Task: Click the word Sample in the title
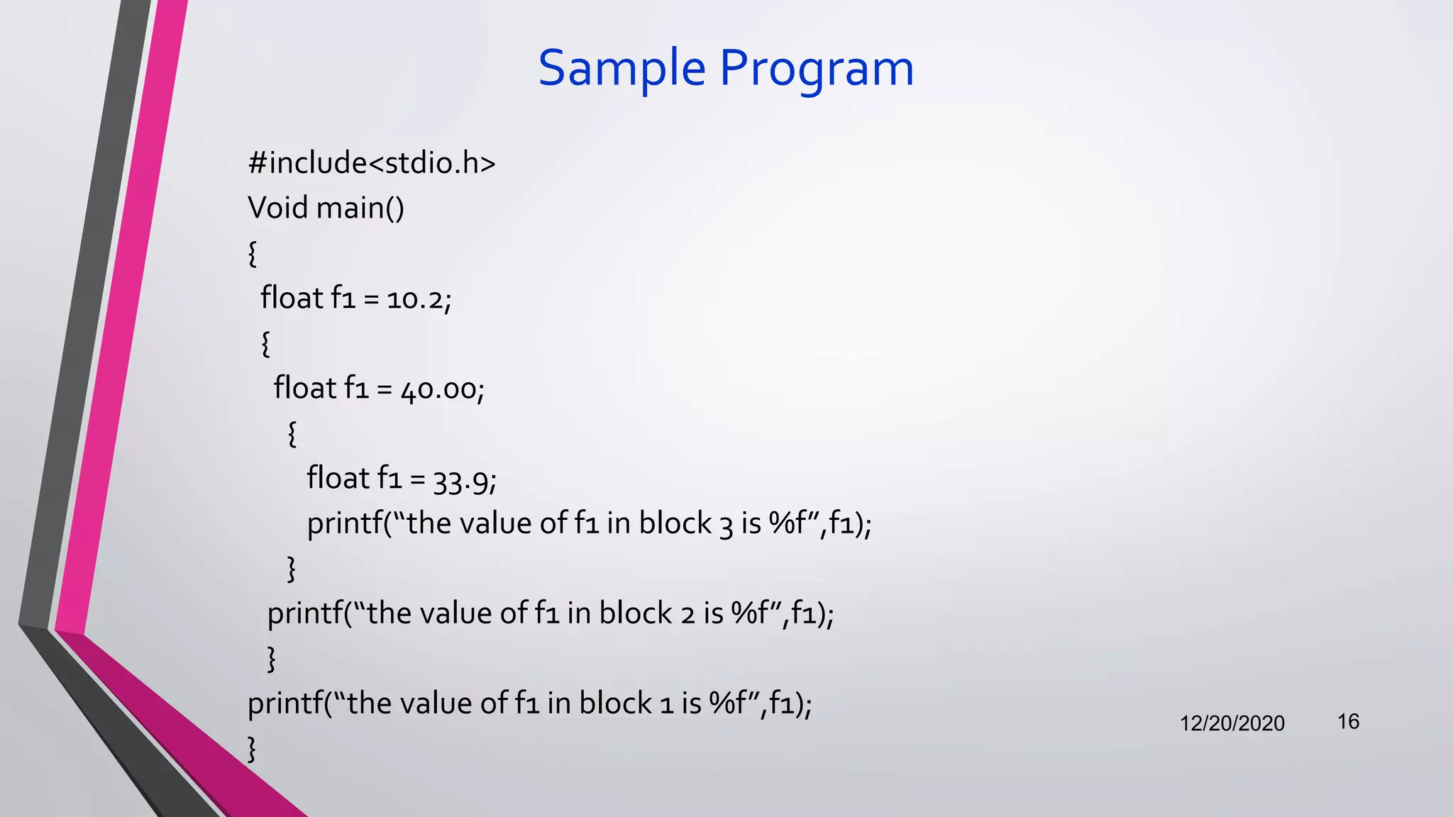[x=621, y=68]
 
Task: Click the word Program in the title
[x=817, y=70]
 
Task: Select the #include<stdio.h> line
[x=371, y=163]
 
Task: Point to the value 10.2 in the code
[x=415, y=299]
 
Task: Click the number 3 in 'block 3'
[x=726, y=525]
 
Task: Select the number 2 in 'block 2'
[x=687, y=614]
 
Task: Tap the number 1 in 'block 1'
[x=666, y=704]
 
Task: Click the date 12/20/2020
[x=1232, y=723]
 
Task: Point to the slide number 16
[x=1348, y=722]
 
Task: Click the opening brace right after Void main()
[x=252, y=253]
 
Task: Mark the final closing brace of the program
[x=251, y=749]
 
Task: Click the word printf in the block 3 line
[x=344, y=524]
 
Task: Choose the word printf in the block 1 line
[x=284, y=704]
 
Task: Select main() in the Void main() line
[x=360, y=208]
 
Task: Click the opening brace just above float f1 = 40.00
[x=265, y=343]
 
